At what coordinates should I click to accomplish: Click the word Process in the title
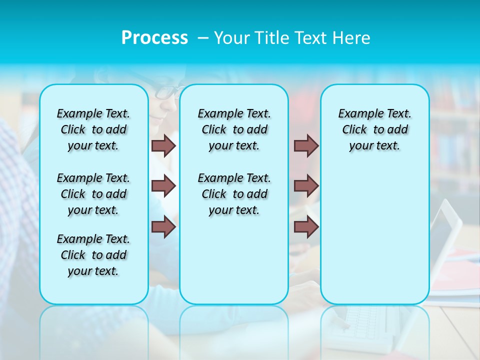[x=154, y=38]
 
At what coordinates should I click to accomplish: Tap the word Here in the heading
[x=351, y=38]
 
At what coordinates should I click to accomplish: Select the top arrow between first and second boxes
[x=163, y=145]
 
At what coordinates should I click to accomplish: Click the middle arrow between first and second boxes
[x=163, y=186]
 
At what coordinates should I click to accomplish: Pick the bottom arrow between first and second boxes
[x=163, y=226]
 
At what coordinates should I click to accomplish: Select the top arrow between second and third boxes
[x=306, y=145]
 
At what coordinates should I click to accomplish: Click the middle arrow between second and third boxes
[x=306, y=186]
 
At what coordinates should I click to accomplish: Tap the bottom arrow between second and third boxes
[x=306, y=226]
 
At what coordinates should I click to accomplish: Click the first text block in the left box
[x=93, y=129]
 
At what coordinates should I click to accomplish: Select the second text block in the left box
[x=93, y=194]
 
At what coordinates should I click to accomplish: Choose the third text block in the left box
[x=93, y=255]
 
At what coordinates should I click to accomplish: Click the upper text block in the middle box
[x=234, y=129]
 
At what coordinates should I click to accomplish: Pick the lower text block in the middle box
[x=234, y=194]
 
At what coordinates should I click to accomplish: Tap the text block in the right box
[x=374, y=129]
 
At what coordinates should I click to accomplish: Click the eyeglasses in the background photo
[x=167, y=92]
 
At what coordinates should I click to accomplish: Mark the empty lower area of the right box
[x=374, y=235]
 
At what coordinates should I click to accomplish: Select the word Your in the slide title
[x=230, y=38]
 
